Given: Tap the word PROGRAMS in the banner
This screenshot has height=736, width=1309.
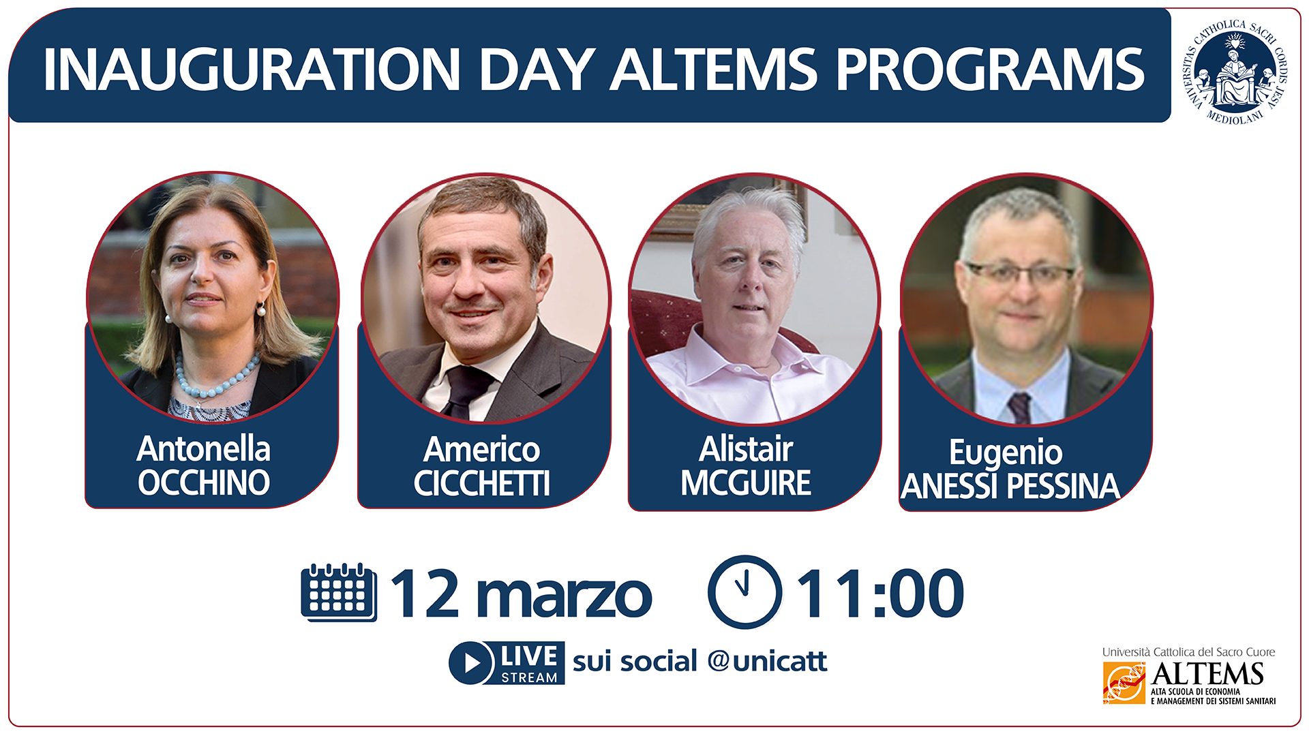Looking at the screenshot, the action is (x=990, y=70).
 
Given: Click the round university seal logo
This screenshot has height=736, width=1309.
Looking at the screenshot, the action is (x=1235, y=72).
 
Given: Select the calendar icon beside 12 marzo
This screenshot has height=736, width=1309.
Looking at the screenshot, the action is (x=339, y=592).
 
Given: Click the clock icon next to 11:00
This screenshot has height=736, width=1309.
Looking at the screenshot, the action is (x=744, y=592).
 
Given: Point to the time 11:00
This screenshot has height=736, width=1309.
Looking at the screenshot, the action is (x=879, y=594).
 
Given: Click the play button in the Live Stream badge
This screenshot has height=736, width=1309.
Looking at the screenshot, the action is (x=471, y=662).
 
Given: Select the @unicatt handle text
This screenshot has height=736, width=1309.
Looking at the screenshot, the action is (x=767, y=661).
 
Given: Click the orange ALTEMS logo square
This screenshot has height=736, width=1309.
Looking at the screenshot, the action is (x=1124, y=683).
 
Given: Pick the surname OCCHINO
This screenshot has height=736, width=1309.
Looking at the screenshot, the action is (x=204, y=482).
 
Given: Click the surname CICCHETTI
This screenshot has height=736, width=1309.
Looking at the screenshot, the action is (x=481, y=483).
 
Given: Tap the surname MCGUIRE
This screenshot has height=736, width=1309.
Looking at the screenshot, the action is (x=746, y=482).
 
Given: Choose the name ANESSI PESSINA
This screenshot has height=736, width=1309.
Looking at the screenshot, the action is (x=1010, y=486).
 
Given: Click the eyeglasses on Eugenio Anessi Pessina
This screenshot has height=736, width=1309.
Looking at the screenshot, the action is (x=1021, y=275).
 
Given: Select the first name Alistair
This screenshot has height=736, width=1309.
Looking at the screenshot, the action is (x=746, y=449).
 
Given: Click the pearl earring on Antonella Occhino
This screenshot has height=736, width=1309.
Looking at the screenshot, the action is (x=260, y=310).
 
